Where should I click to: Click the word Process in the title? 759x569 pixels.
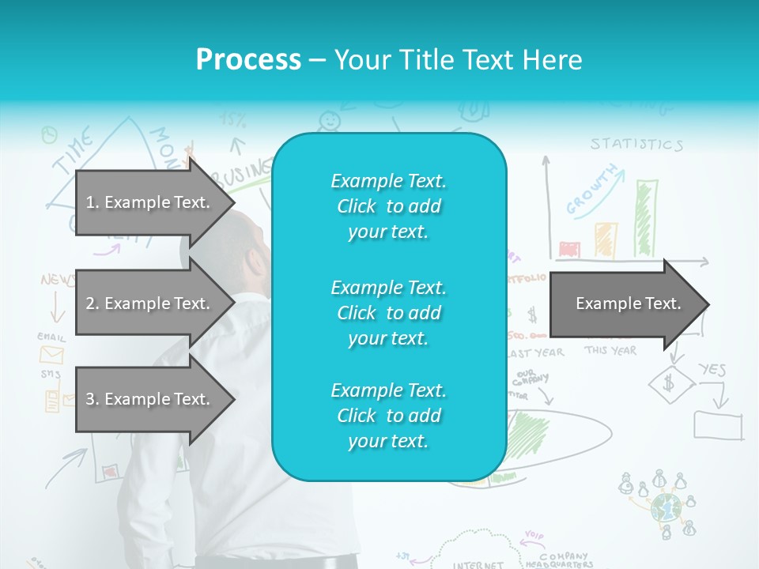pyautogui.click(x=248, y=60)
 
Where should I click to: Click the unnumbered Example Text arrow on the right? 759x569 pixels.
pyautogui.click(x=629, y=303)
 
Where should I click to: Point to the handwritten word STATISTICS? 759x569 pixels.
pyautogui.click(x=636, y=145)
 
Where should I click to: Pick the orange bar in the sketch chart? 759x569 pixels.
pyautogui.click(x=606, y=240)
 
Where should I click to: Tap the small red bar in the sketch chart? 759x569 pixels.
pyautogui.click(x=569, y=250)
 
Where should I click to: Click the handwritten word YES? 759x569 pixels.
pyautogui.click(x=712, y=369)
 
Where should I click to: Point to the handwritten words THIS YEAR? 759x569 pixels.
pyautogui.click(x=610, y=350)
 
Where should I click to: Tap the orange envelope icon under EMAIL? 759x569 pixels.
pyautogui.click(x=51, y=354)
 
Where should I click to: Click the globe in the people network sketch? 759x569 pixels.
pyautogui.click(x=665, y=507)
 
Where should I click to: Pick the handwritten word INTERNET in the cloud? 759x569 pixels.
pyautogui.click(x=478, y=564)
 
